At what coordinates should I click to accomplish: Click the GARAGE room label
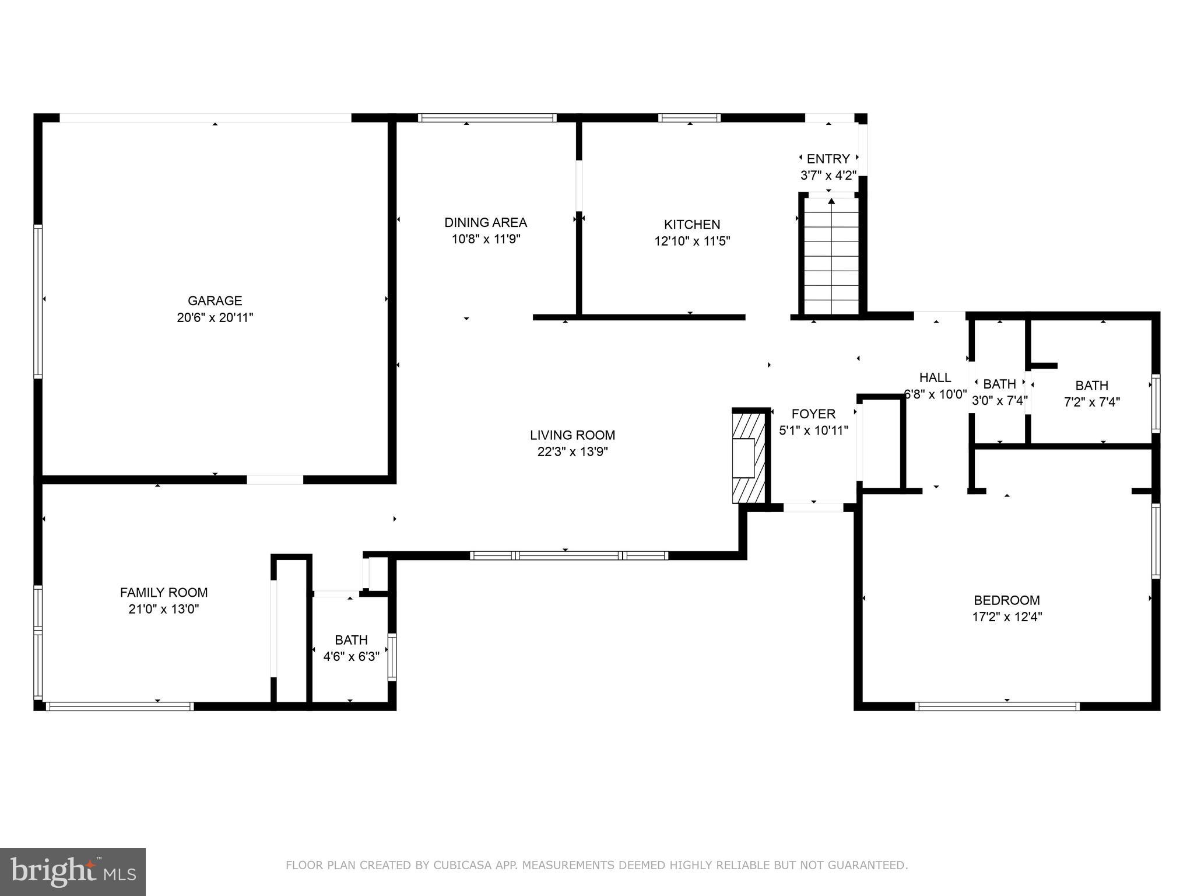(215, 300)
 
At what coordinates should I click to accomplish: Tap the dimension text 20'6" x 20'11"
(215, 318)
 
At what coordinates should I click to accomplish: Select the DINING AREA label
(485, 222)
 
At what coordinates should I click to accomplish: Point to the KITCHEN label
(691, 225)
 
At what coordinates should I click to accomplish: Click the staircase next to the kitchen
(831, 257)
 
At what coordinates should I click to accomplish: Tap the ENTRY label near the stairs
(828, 159)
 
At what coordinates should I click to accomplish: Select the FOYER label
(813, 414)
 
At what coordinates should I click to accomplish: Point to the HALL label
(935, 377)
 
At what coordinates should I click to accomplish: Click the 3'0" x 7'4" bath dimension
(999, 401)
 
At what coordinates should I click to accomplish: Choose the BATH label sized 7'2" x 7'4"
(1091, 386)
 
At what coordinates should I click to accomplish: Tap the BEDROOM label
(1006, 600)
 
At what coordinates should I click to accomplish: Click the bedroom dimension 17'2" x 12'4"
(1006, 617)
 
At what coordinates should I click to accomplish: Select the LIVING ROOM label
(572, 435)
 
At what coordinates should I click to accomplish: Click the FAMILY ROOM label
(164, 593)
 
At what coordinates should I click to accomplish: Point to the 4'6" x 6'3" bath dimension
(351, 657)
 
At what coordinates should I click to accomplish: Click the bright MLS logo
(73, 871)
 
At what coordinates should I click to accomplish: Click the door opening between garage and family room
(275, 480)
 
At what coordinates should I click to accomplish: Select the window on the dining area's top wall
(487, 118)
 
